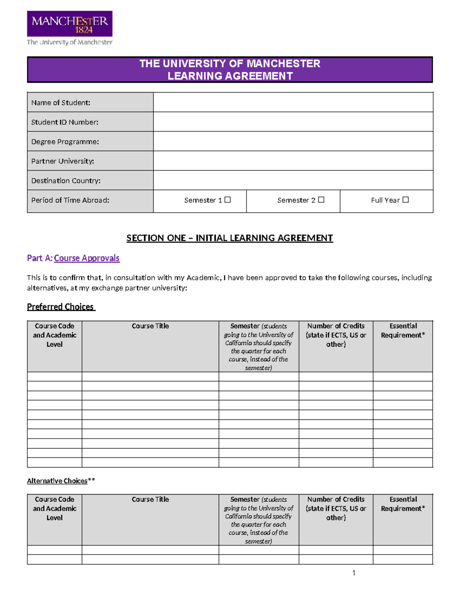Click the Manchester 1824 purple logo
[69, 24]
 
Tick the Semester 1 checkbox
[228, 200]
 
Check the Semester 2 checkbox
[321, 200]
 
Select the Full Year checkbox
[406, 200]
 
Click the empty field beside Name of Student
[293, 102]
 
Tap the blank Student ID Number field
[293, 122]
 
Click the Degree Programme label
[65, 142]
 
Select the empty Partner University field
[293, 161]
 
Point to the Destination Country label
[66, 180]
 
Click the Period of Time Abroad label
[70, 200]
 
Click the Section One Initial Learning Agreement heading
[230, 238]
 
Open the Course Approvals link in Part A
[87, 258]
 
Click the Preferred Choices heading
[61, 307]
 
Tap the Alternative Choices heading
[58, 481]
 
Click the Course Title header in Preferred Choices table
[150, 326]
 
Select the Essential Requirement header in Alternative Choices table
[403, 504]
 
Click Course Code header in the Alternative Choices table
[54, 508]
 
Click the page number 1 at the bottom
[353, 573]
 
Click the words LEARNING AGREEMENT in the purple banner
[230, 76]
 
